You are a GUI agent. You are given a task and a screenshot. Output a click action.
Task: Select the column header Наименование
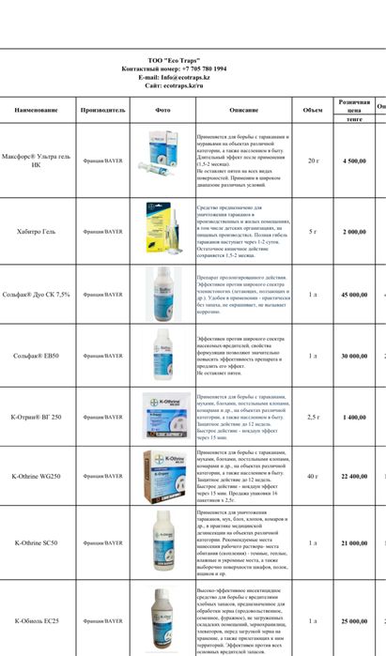tap(36, 110)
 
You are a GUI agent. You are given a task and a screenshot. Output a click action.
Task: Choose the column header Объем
tap(313, 110)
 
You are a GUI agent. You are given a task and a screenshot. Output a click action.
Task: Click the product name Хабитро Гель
tap(36, 231)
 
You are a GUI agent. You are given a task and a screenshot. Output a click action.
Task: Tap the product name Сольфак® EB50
tap(36, 357)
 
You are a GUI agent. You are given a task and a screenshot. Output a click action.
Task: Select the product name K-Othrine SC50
tap(36, 542)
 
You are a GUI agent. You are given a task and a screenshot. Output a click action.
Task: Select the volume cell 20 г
tap(313, 161)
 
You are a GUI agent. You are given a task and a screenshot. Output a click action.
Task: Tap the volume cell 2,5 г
tap(313, 417)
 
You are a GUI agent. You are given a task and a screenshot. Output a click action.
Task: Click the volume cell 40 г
tap(313, 477)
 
